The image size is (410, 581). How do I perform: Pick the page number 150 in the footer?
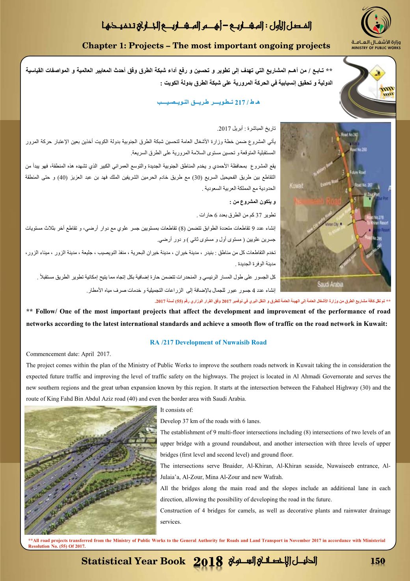coord(377,561)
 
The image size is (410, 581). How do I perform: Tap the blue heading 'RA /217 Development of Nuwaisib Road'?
coord(208,342)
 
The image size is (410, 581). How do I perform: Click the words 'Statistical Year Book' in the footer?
coord(133,561)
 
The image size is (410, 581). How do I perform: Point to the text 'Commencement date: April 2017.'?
coord(69,353)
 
